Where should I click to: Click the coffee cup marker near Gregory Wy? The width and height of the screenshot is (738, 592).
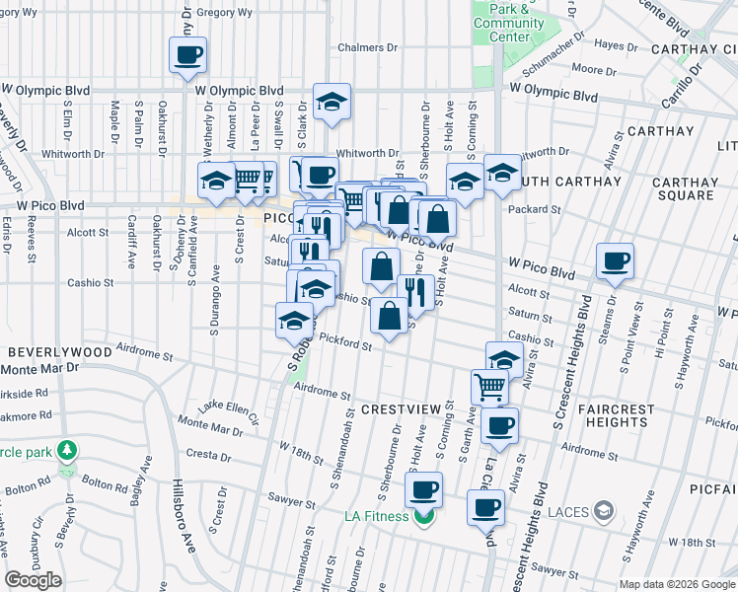pyautogui.click(x=186, y=55)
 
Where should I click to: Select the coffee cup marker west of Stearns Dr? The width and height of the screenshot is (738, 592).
pyautogui.click(x=615, y=261)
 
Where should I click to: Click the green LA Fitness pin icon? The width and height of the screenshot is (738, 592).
pyautogui.click(x=424, y=517)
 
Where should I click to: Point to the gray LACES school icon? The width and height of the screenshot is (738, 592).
pyautogui.click(x=604, y=510)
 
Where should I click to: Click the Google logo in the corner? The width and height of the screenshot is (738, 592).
pyautogui.click(x=34, y=580)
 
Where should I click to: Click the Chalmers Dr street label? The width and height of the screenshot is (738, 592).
pyautogui.click(x=367, y=47)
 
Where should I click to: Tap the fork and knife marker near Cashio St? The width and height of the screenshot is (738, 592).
pyautogui.click(x=411, y=291)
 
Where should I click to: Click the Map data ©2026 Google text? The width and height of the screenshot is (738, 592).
pyautogui.click(x=677, y=584)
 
